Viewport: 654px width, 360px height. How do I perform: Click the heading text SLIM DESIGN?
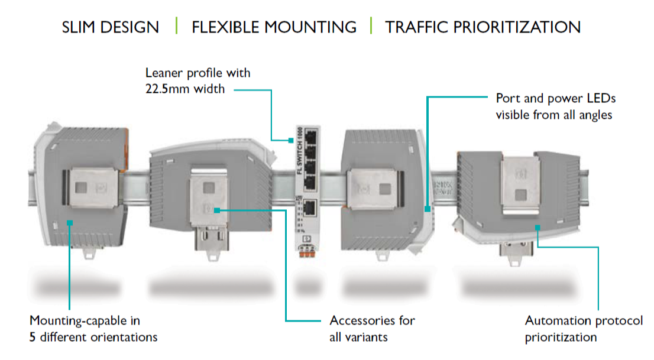point(110,27)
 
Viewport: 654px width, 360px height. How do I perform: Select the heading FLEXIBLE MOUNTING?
point(274,27)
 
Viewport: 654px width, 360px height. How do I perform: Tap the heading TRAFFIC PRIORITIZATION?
point(483,27)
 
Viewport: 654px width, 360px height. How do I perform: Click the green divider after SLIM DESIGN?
point(176,26)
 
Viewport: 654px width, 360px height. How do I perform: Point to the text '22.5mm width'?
point(185,90)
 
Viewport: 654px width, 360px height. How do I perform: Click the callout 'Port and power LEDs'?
point(555,99)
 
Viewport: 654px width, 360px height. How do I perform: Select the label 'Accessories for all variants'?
point(372,329)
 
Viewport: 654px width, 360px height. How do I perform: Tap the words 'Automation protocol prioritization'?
point(583,329)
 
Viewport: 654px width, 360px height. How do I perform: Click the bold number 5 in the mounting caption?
point(33,338)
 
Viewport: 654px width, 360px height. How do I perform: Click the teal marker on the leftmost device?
point(70,222)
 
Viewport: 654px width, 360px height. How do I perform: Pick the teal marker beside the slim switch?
point(291,141)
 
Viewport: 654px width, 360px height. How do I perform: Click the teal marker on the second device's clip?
point(218,210)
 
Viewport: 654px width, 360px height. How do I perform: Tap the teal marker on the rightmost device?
point(537,226)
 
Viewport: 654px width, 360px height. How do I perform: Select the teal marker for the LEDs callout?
point(426,209)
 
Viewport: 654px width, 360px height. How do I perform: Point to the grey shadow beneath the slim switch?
point(307,288)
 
